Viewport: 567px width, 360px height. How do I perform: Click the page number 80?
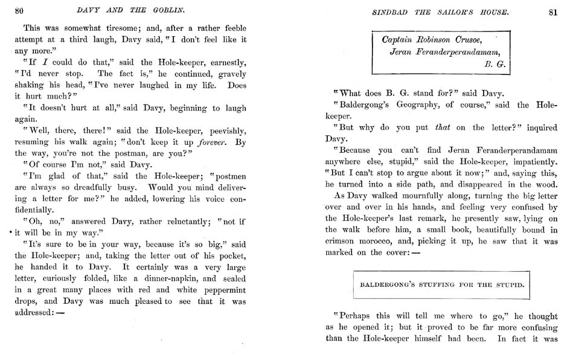[19, 10]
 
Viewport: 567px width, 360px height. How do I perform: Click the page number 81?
[554, 11]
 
